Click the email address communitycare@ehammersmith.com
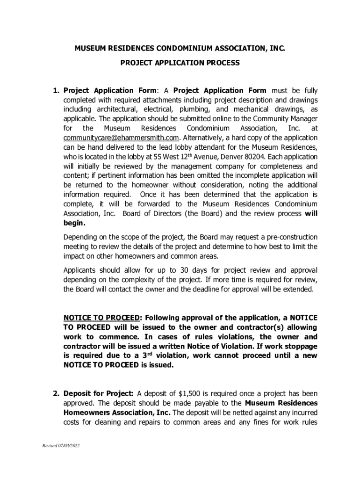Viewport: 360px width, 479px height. pyautogui.click(x=121, y=138)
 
